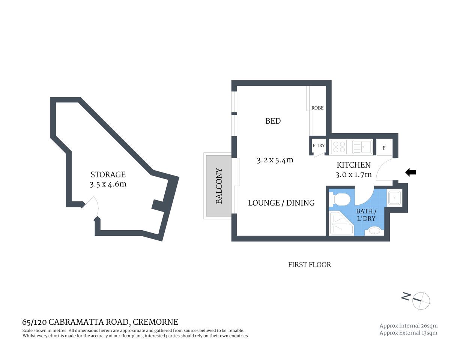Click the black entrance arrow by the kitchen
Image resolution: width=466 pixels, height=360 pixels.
410,172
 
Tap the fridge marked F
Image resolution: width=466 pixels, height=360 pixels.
384,148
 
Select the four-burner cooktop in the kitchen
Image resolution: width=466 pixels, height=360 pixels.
339,147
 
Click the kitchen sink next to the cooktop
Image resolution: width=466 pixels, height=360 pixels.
362,147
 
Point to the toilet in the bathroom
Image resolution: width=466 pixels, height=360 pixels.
339,199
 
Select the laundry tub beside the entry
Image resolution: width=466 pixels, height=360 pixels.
394,198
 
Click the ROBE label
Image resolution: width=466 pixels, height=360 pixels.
317,108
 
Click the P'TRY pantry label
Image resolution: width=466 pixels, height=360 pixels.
319,145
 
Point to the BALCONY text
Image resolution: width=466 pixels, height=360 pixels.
219,186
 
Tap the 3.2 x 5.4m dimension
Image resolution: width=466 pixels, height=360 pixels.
275,160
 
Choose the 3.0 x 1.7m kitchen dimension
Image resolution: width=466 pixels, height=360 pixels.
353,174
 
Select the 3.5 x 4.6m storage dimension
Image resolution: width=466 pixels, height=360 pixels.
108,184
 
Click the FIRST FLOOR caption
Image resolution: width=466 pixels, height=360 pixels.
310,265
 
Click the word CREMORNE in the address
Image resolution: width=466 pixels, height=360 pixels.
155,322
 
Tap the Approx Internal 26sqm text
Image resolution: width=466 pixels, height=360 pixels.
408,326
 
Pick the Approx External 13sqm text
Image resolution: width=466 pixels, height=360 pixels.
408,333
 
